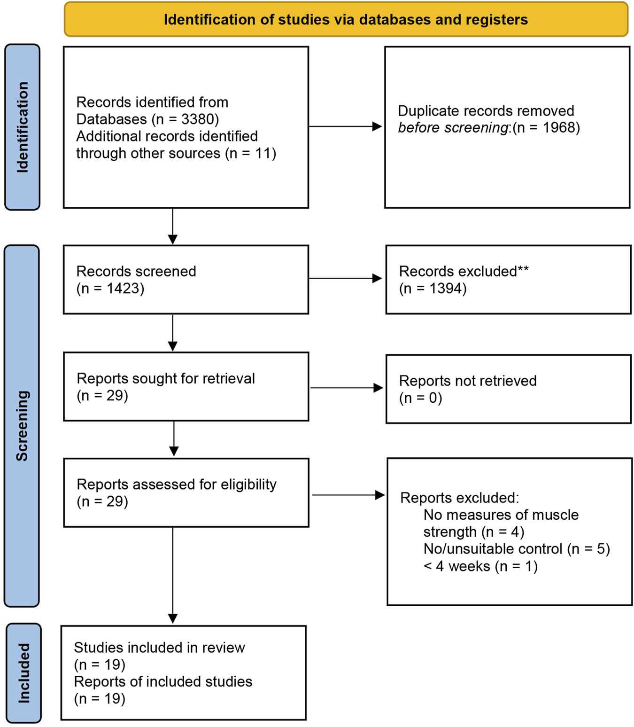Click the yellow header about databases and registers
[x=346, y=19]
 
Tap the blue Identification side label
[x=22, y=127]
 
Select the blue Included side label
[x=23, y=673]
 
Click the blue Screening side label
[x=22, y=425]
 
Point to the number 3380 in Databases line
[x=199, y=119]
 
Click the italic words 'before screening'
[x=453, y=128]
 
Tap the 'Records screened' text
[x=136, y=272]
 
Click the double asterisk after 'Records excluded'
[x=523, y=270]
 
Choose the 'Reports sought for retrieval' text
[x=165, y=379]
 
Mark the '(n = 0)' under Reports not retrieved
[x=420, y=399]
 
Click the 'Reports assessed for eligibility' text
[x=176, y=485]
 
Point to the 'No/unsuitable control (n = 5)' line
[x=516, y=549]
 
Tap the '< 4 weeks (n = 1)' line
[x=480, y=566]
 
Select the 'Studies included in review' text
[x=159, y=648]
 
